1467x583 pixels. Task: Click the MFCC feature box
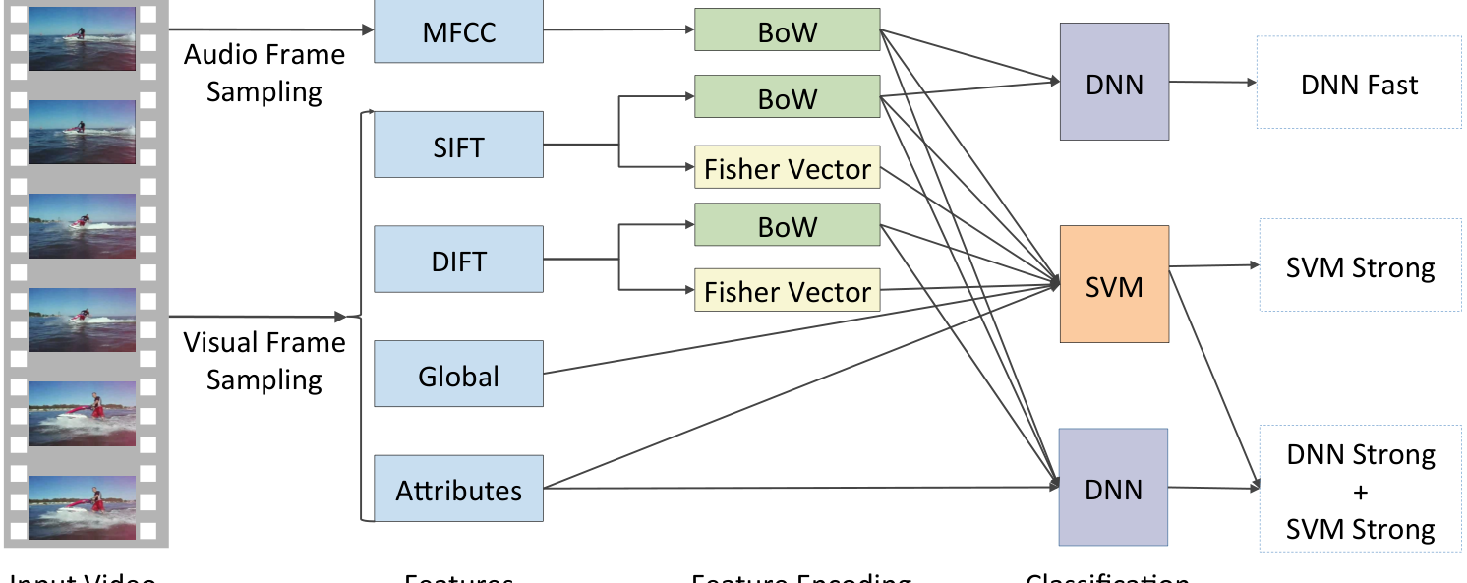(x=458, y=31)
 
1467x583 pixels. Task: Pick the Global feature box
(x=458, y=374)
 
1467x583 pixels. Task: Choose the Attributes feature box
(x=458, y=489)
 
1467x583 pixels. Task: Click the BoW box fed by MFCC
(x=787, y=29)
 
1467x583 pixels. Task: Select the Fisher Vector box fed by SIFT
(x=787, y=168)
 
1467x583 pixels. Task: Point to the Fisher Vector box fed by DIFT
(x=787, y=291)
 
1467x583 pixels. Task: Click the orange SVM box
(x=1114, y=284)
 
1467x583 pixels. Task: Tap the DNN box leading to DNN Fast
(x=1114, y=82)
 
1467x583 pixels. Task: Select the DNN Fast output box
(x=1360, y=84)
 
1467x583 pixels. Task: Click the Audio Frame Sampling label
(x=264, y=72)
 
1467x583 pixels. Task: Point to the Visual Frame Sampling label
(x=264, y=360)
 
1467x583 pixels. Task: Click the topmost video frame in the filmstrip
(x=83, y=38)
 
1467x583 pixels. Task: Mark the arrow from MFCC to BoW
(x=617, y=29)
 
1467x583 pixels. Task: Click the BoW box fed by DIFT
(x=787, y=225)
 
